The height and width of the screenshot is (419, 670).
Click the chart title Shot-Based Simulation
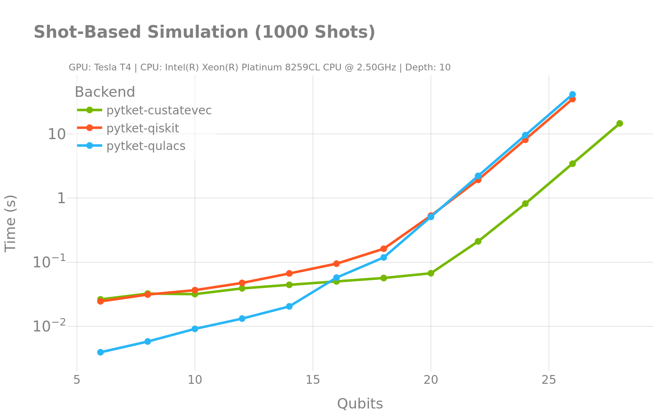[x=204, y=32]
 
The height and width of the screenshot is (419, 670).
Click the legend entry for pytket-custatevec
[x=159, y=110]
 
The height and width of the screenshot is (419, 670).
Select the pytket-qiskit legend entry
[x=142, y=128]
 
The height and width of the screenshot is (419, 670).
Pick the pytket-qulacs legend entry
[x=146, y=146]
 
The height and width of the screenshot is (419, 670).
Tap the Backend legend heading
[x=105, y=92]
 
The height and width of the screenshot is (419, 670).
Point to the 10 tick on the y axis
[x=57, y=134]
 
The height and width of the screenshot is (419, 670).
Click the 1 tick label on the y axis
[x=62, y=198]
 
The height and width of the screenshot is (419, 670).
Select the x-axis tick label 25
[x=549, y=380]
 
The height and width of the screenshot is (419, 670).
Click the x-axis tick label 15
[x=313, y=380]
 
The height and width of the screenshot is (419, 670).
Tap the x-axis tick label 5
[x=77, y=380]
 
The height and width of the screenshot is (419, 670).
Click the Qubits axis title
[x=360, y=404]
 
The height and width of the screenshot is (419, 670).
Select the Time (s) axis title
[x=10, y=223]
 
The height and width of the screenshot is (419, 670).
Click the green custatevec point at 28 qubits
[x=619, y=123]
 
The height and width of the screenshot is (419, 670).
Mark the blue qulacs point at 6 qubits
[x=100, y=352]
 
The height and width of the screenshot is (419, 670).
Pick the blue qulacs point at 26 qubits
[x=572, y=95]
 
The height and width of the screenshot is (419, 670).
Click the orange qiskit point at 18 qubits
[x=384, y=248]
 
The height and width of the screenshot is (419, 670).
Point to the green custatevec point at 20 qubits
[x=431, y=273]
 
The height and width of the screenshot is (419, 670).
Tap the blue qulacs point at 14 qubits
[x=289, y=306]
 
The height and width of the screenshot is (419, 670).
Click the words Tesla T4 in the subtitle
[x=113, y=67]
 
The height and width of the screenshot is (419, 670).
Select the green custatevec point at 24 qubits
[x=525, y=204]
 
